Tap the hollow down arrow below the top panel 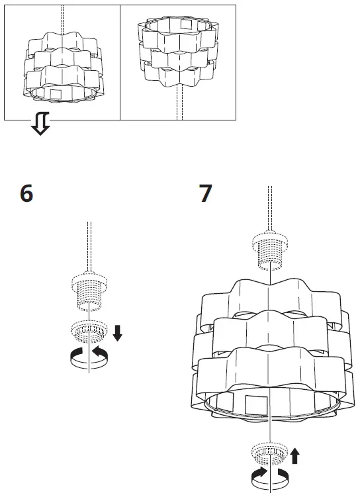[41, 123]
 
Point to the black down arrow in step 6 [117, 332]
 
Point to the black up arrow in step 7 [295, 455]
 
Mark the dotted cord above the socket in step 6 [89, 245]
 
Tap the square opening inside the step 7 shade [255, 405]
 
